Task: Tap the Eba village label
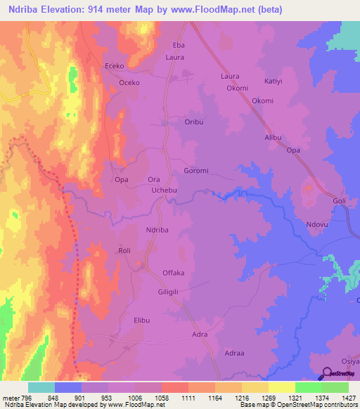179,45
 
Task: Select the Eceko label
115,65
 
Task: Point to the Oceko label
129,82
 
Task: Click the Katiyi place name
273,82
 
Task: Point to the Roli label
125,250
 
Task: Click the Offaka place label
174,272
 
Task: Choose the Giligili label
173,292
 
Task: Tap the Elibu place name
142,320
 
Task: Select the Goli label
340,200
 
